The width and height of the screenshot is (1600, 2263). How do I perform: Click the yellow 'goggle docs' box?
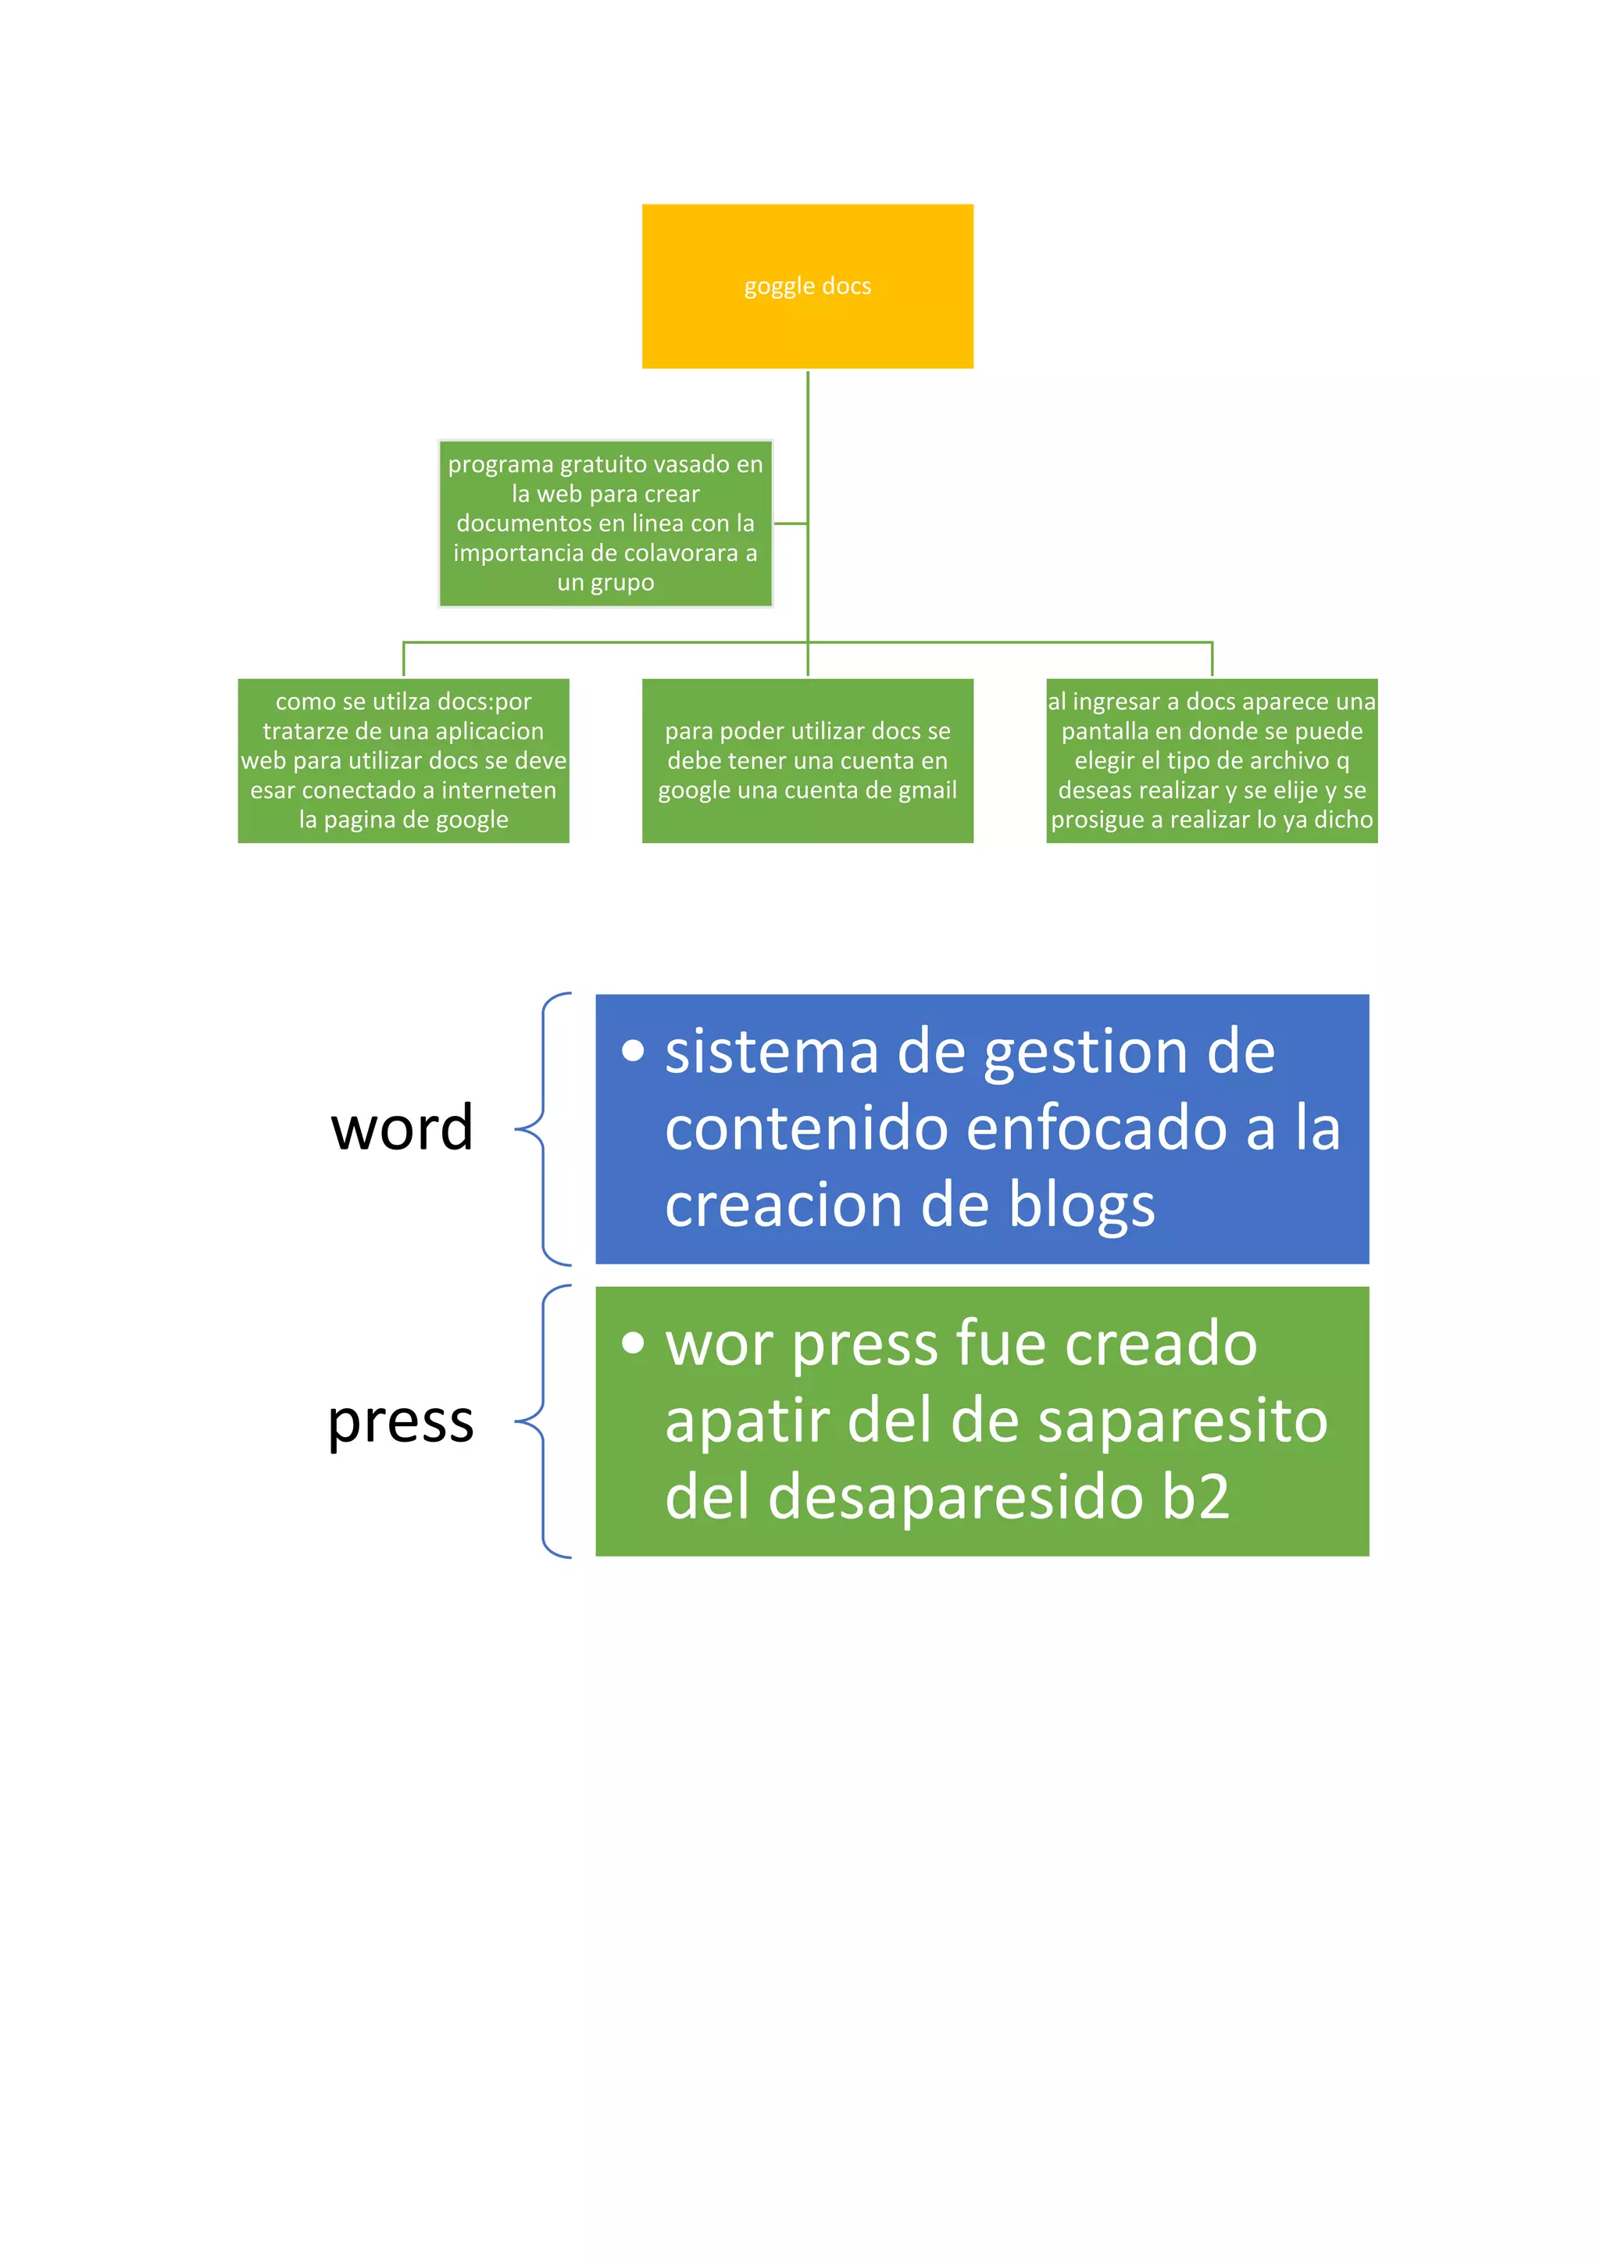807,286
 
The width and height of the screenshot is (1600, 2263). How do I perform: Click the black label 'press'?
401,1421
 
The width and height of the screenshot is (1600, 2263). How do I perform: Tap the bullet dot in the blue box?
634,1051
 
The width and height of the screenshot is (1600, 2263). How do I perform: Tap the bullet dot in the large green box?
634,1342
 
